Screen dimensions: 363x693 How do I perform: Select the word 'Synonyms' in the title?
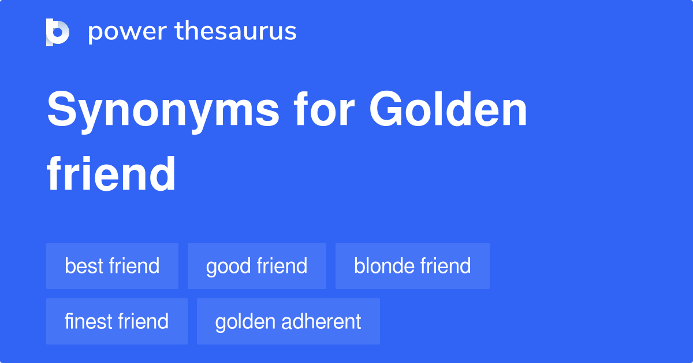point(156,111)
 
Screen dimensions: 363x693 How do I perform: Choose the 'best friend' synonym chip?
point(112,266)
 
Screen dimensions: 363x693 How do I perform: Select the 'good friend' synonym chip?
point(256,266)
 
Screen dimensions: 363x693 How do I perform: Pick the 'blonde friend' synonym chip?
point(412,266)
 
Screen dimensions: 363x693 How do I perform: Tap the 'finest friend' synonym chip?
point(117,321)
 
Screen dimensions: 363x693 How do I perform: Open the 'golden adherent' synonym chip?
point(288,321)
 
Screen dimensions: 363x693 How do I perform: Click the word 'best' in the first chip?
point(83,266)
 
